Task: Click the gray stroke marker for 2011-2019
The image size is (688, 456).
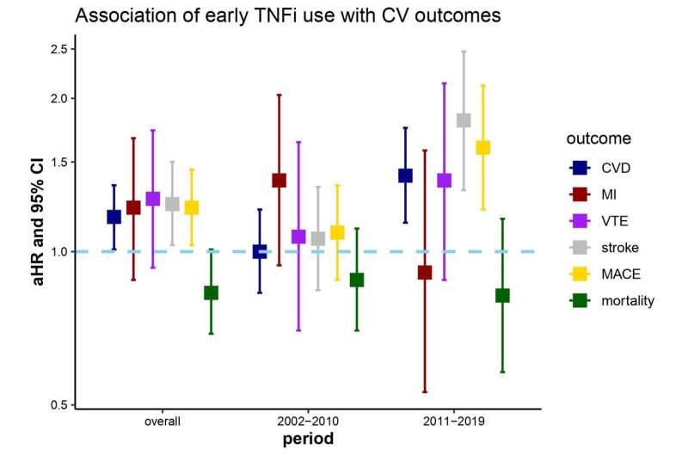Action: tap(464, 120)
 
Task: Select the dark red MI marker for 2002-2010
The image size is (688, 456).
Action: tap(279, 181)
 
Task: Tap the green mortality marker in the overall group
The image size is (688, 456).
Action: tap(211, 293)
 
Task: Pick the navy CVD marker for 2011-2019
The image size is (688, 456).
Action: tap(405, 176)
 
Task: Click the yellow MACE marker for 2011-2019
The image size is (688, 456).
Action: tap(483, 148)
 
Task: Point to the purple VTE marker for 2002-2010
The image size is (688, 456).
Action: tap(298, 237)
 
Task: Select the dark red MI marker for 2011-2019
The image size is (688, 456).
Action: tap(424, 273)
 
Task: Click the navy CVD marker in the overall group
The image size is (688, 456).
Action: tap(114, 217)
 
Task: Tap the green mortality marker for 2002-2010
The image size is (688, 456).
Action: tap(357, 280)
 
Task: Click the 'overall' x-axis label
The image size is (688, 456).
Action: tap(163, 422)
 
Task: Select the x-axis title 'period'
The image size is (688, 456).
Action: tap(308, 440)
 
